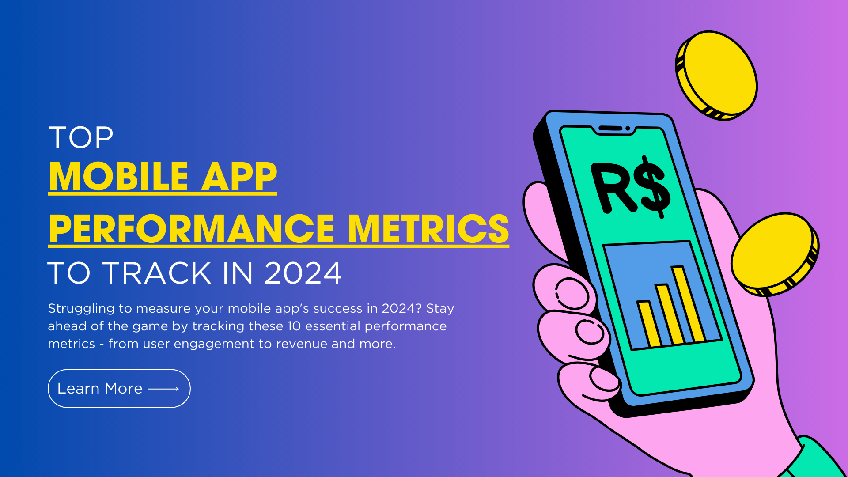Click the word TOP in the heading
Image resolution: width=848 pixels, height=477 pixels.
pos(81,137)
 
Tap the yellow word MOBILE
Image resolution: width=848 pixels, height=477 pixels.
pos(119,176)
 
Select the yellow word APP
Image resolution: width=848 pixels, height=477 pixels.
pos(239,176)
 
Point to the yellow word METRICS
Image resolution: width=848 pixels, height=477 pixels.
pos(428,229)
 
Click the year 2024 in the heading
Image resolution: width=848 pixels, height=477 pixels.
pos(303,273)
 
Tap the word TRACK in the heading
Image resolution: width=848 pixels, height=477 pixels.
pos(157,273)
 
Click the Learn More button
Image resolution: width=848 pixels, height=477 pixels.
pos(119,389)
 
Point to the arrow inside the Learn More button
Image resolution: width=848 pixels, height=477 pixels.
pos(163,389)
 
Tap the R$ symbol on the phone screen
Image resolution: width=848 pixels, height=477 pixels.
pos(631,186)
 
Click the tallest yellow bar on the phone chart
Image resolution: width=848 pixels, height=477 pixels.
pos(688,304)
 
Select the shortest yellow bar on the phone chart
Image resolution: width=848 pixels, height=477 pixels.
pos(649,324)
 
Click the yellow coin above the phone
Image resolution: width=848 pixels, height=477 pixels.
pos(716,75)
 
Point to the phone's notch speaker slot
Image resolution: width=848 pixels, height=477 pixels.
pos(610,128)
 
